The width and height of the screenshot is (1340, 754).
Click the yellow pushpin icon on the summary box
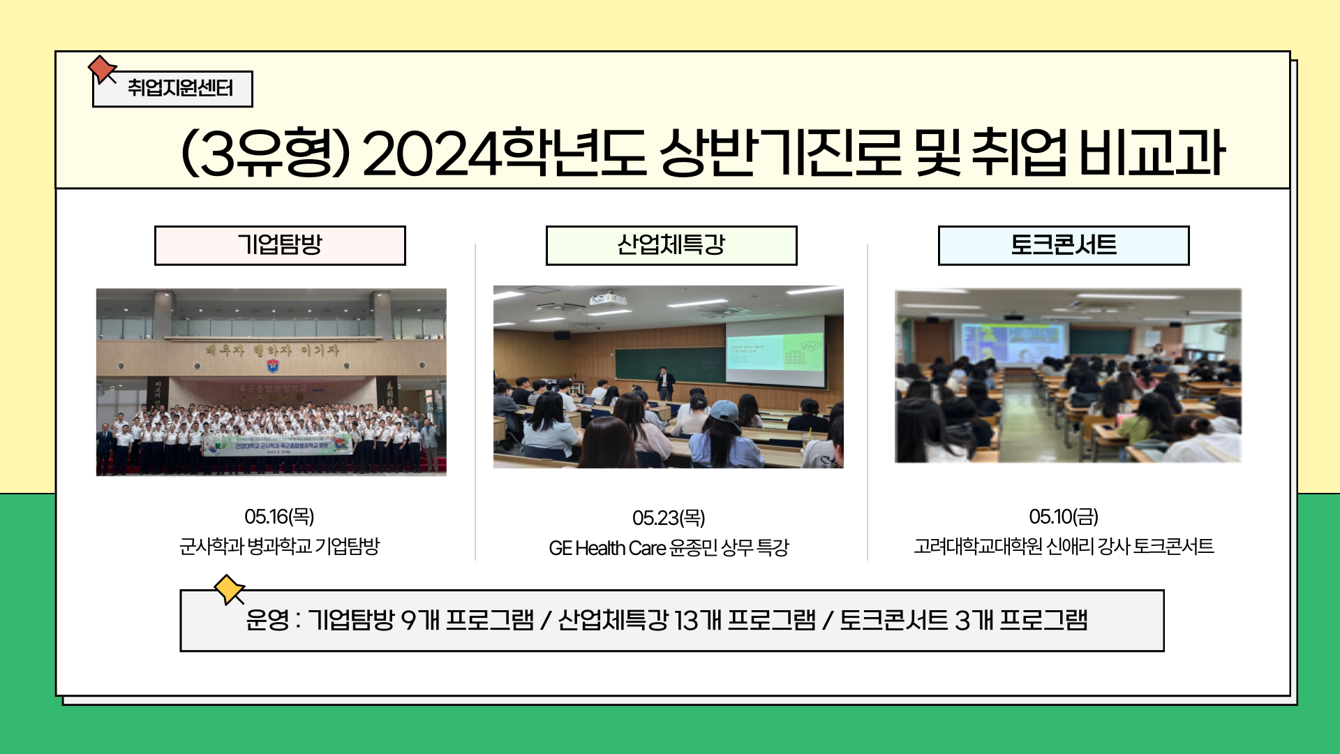[229, 589]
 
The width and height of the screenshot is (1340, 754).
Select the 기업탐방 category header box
[280, 246]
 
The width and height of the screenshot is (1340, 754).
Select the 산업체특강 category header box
[671, 246]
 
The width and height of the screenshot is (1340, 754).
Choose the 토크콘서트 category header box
[1063, 246]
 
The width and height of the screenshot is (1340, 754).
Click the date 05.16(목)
[279, 517]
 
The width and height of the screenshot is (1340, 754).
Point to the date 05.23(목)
[669, 518]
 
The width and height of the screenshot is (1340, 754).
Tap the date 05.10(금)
[1063, 517]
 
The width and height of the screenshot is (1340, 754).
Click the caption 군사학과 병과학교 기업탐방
[279, 546]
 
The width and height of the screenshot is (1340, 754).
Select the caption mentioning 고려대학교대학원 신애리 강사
[1063, 546]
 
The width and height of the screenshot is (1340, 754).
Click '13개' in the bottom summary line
[697, 620]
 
